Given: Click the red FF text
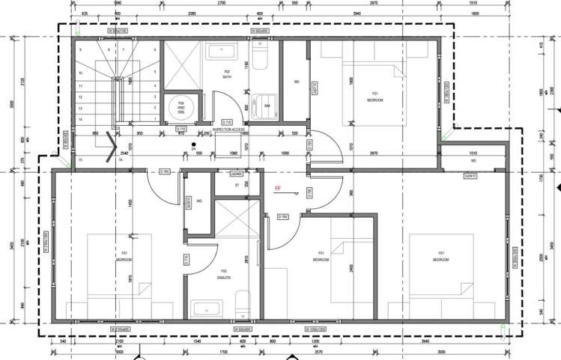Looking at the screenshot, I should point(278,189).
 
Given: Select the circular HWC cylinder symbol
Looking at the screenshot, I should point(181,106).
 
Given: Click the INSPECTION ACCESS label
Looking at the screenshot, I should point(229,129).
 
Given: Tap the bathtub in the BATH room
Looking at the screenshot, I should point(225,52).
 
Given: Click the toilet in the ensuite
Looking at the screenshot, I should point(242,304).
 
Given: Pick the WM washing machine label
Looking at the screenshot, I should point(268,106).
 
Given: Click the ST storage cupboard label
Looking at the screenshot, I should point(237,184).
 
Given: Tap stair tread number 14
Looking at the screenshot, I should point(79,119).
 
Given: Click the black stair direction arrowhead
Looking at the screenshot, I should point(112,145).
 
